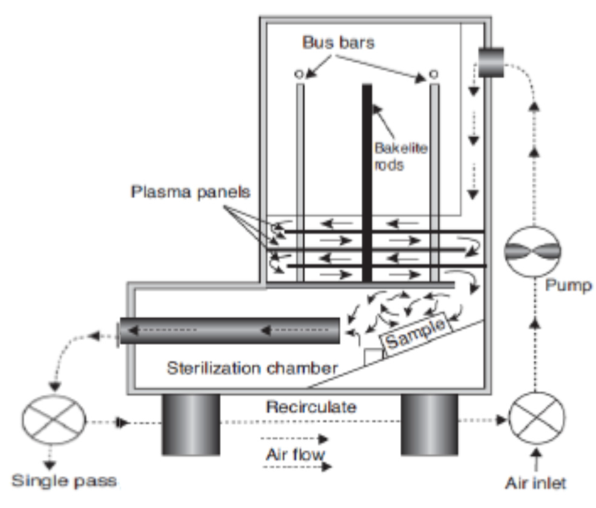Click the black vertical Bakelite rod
[x=367, y=183]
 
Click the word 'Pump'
[x=568, y=286]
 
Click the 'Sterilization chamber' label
[x=252, y=368]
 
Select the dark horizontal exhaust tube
[x=230, y=331]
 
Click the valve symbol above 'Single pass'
[x=54, y=419]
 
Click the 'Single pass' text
[x=64, y=481]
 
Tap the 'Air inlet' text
[x=535, y=483]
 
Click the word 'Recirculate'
[x=311, y=407]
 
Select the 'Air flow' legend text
[x=295, y=455]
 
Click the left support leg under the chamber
[x=191, y=425]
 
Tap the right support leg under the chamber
[x=429, y=425]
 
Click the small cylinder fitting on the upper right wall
[x=491, y=62]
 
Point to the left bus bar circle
[x=299, y=74]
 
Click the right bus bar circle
[x=434, y=74]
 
